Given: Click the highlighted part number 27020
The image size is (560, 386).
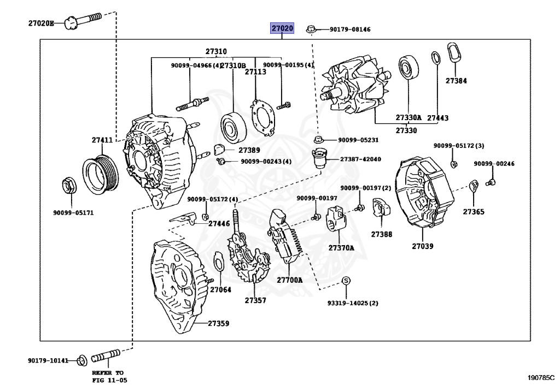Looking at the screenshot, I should tap(283, 28).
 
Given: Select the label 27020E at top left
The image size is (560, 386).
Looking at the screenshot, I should tap(42, 23).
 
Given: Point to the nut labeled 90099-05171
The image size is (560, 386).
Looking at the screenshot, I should tap(69, 186).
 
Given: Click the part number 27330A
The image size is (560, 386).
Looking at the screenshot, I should tap(409, 117).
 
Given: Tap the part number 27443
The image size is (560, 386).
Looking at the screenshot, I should tap(437, 117).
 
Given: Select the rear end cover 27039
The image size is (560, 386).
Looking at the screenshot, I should tap(424, 197).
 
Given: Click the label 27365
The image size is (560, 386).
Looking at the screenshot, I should tap(473, 211).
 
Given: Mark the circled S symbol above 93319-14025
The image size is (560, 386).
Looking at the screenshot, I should tap(346, 281).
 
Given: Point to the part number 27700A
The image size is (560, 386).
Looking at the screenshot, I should tap(289, 280).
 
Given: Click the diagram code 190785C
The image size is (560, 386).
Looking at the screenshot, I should tap(540, 377).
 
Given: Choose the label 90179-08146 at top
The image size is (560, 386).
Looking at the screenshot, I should tap(349, 29).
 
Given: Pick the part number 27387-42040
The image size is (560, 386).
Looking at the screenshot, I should tap(360, 159).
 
